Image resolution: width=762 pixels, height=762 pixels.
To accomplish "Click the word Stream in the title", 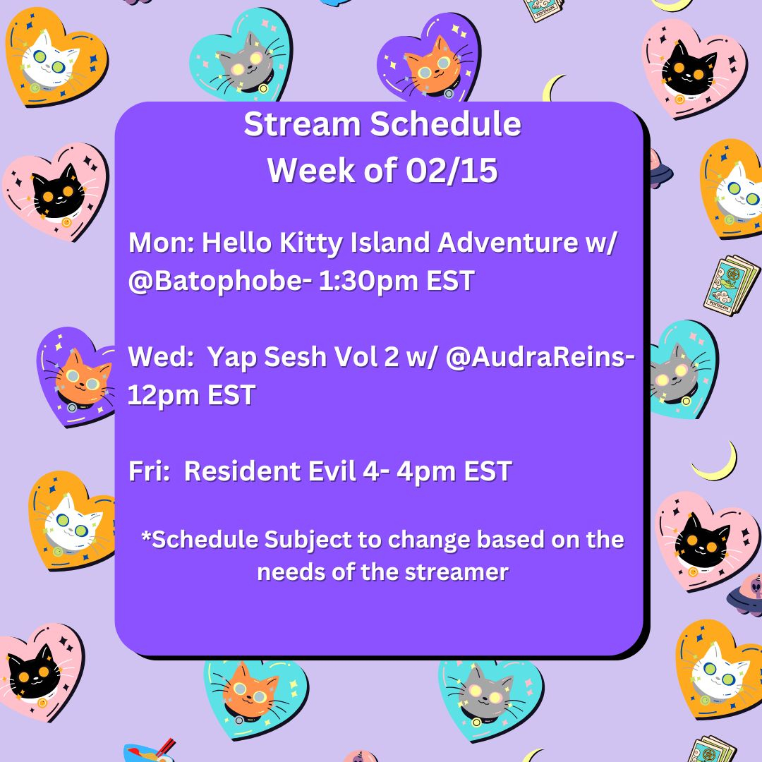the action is (302, 124).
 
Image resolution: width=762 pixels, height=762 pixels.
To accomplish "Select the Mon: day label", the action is (162, 242).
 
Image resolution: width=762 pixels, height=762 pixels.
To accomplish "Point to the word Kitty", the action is (311, 243).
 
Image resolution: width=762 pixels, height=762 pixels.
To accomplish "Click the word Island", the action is (390, 242).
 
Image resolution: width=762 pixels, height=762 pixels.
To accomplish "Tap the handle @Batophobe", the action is (214, 282).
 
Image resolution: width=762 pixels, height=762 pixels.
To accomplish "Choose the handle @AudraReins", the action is (535, 357).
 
